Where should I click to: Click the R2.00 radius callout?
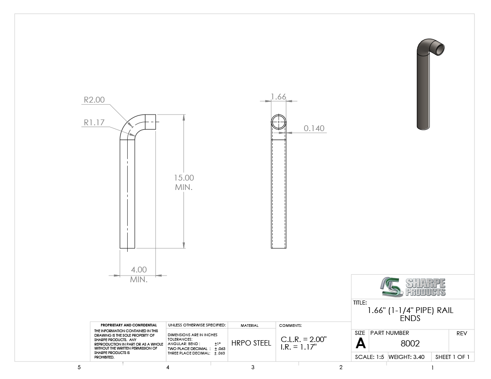[x=94, y=100]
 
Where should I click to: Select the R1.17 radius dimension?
[x=94, y=122]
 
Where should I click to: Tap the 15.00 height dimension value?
[x=184, y=177]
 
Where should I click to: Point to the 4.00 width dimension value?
[x=139, y=270]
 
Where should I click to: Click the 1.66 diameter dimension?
[x=279, y=97]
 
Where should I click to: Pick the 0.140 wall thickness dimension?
[x=314, y=128]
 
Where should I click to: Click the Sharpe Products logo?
[x=413, y=287]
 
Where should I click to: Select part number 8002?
[x=410, y=343]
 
